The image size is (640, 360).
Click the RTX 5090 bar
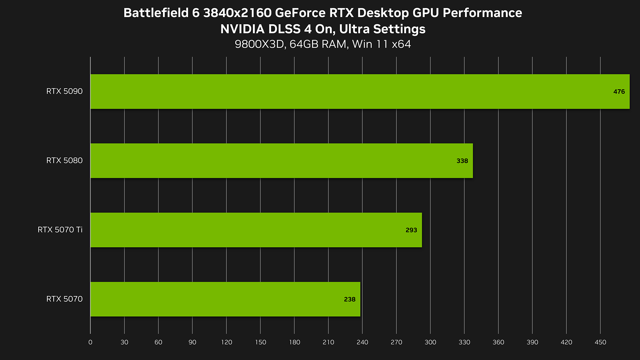pos(360,91)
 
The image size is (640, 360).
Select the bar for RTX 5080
pos(281,161)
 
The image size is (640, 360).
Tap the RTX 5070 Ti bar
pos(256,230)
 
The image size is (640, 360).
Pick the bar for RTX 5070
pos(225,299)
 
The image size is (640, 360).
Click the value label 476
pos(619,92)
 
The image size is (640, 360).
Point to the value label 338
pos(462,161)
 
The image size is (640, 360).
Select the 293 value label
pos(411,230)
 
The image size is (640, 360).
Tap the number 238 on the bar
pos(350,299)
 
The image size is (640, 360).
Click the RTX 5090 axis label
pos(64,91)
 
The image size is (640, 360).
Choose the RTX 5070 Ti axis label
pos(60,230)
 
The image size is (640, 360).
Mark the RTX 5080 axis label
pos(64,161)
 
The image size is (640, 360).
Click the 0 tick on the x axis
pos(90,342)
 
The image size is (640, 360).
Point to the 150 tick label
pos(260,342)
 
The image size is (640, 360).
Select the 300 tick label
pos(430,342)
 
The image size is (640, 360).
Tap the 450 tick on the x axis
pos(600,342)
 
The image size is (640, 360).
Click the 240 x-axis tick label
pos(362,342)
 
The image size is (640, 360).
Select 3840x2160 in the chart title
pos(237,13)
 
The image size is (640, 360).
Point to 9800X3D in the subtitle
pos(259,44)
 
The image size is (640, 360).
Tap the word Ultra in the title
pos(354,29)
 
